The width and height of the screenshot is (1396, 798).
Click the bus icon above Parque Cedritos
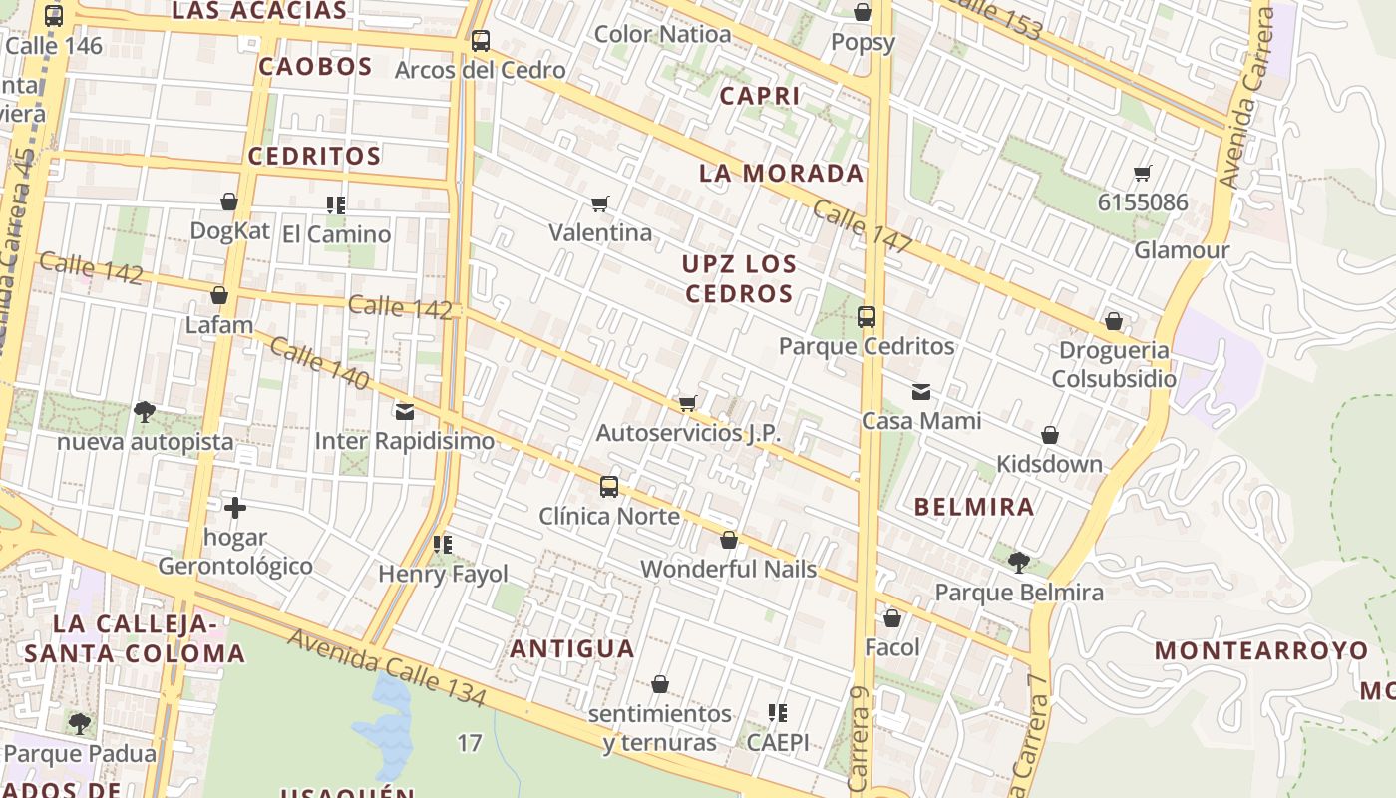[867, 317]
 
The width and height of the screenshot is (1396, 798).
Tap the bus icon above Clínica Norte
[609, 487]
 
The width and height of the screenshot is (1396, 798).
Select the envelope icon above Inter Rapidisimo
[405, 411]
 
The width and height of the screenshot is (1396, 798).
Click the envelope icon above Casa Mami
[921, 391]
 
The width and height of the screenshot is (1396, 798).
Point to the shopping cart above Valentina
[600, 203]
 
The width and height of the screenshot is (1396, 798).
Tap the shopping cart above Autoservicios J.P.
[687, 403]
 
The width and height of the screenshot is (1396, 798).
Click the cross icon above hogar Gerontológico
[235, 508]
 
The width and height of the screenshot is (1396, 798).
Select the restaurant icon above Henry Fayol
[443, 545]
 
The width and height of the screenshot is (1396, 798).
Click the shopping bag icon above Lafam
[219, 295]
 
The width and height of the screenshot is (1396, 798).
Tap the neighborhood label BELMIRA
[974, 507]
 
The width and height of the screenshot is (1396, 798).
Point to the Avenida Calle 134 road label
[387, 669]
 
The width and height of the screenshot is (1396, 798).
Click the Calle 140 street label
[319, 364]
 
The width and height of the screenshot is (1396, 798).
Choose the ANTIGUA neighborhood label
[572, 649]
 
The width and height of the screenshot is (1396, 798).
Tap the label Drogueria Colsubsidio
[1114, 365]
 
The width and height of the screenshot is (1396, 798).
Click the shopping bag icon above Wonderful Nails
[729, 541]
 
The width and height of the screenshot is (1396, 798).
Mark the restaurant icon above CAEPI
[778, 713]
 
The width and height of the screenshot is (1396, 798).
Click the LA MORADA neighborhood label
[781, 174]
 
